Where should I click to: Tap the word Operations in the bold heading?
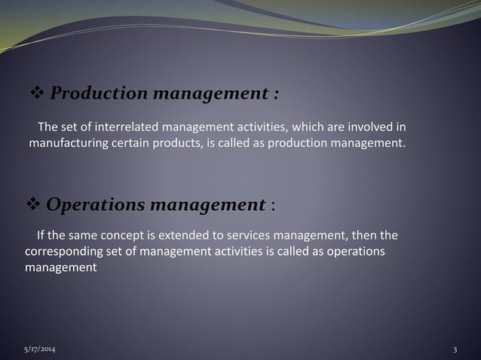click(x=97, y=205)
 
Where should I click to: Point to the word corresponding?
click(x=63, y=251)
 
